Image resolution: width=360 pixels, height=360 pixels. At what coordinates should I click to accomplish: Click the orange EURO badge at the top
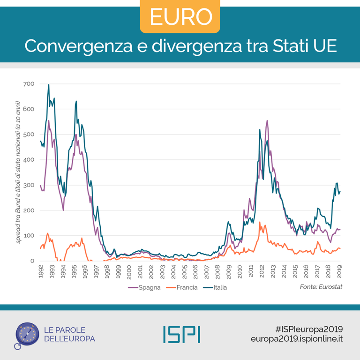point(180,17)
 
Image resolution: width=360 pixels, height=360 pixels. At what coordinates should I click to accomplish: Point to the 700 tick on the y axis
point(29,84)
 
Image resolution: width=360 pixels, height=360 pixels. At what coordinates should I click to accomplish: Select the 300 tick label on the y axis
point(29,185)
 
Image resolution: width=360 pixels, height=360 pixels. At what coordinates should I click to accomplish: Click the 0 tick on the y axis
point(32,261)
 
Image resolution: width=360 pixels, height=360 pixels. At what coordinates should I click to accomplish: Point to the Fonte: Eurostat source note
point(321,286)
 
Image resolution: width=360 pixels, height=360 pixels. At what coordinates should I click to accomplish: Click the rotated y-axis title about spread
point(18,172)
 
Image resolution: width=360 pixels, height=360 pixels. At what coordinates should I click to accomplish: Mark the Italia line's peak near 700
point(49,85)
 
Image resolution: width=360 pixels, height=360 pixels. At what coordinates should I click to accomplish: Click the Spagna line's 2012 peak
point(267,121)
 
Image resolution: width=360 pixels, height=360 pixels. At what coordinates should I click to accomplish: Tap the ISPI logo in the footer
point(181,333)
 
